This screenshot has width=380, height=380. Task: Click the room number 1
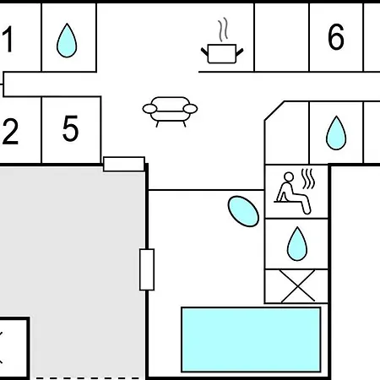[8, 39]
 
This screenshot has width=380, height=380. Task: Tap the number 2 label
[10, 132]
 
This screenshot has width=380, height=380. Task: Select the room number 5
[70, 128]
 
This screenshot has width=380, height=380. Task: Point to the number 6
[336, 37]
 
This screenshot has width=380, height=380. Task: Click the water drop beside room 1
[67, 41]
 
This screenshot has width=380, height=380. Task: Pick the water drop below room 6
[336, 133]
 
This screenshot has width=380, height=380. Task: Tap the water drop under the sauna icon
[297, 244]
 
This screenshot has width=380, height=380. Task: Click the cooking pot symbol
[222, 53]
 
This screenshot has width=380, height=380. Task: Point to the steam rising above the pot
[223, 30]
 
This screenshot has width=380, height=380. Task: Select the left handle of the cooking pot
[204, 52]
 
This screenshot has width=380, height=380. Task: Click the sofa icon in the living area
[170, 111]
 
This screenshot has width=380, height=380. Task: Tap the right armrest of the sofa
[190, 109]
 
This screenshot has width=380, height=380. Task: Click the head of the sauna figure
[289, 177]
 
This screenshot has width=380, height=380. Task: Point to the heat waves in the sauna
[308, 179]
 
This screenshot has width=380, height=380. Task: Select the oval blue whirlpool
[243, 211]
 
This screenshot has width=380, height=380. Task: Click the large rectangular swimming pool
[251, 339]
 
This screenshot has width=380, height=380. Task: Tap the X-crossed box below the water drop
[296, 286]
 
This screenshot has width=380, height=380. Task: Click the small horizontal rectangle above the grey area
[124, 164]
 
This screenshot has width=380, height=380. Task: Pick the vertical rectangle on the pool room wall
[147, 269]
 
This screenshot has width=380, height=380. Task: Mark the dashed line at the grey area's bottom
[87, 378]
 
